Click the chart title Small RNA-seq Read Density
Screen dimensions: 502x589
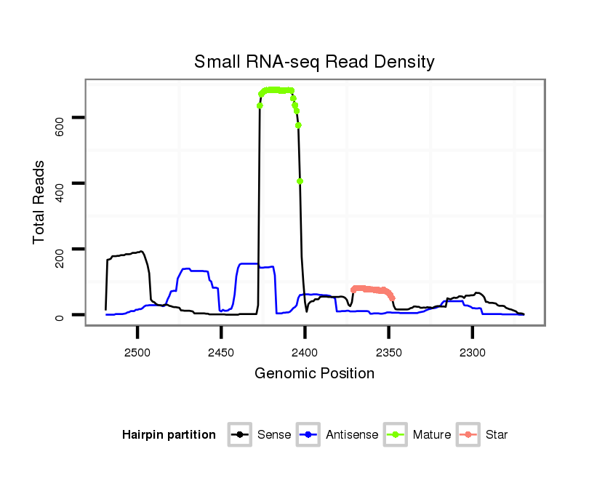(314, 62)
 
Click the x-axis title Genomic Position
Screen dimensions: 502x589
(314, 374)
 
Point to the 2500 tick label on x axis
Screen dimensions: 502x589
(137, 353)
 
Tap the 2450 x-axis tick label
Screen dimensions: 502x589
(221, 353)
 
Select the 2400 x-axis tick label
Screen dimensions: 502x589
(305, 353)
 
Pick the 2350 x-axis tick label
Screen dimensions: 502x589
(389, 353)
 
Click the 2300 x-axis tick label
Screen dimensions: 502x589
(473, 353)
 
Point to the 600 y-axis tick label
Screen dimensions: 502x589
(60, 127)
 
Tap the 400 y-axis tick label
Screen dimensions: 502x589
(60, 193)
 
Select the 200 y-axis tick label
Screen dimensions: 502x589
(60, 259)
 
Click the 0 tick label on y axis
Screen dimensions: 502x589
(60, 316)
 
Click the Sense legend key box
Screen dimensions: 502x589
(239, 435)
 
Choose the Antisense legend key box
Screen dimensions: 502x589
(308, 435)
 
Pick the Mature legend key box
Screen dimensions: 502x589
(395, 435)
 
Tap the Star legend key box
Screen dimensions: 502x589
(468, 435)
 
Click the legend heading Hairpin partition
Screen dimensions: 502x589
(169, 435)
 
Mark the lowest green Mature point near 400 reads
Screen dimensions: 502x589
(300, 182)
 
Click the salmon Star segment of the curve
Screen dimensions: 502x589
(371, 290)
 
